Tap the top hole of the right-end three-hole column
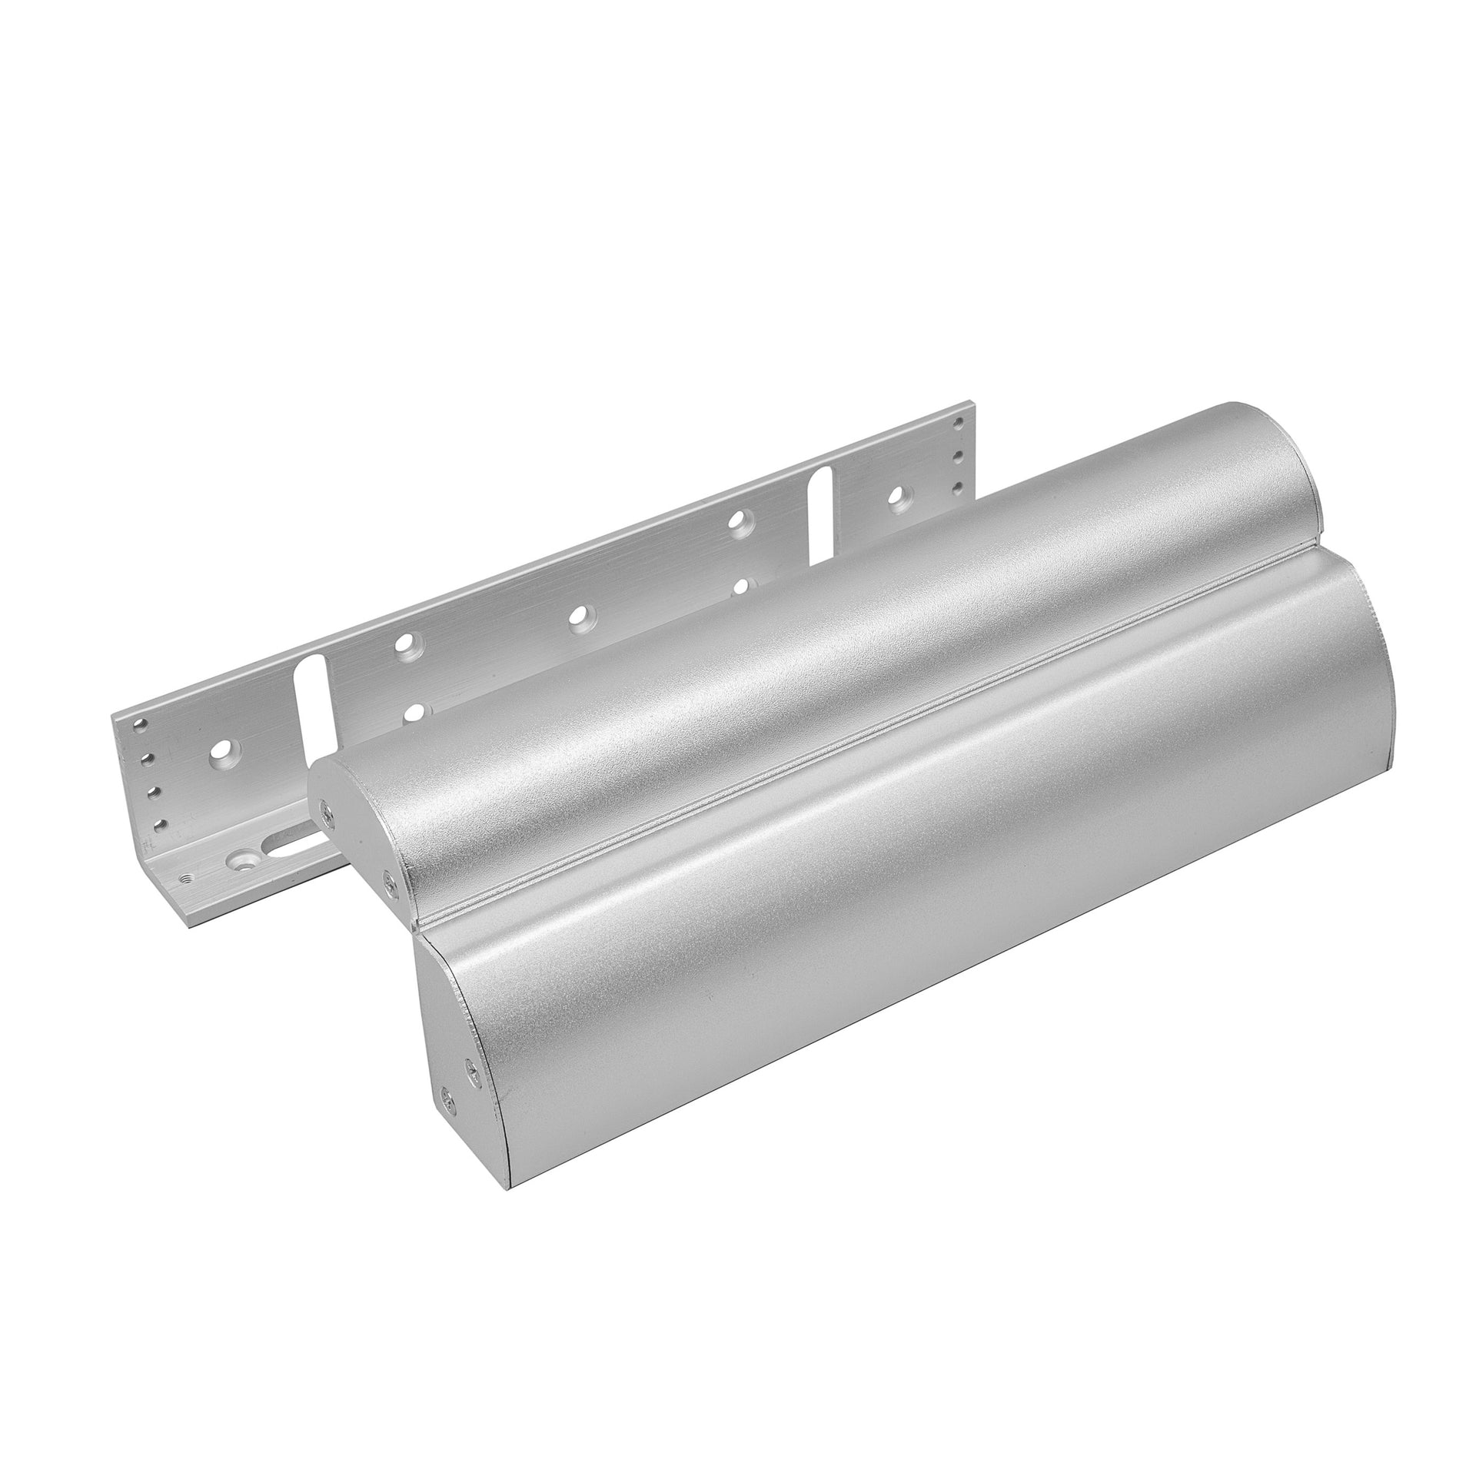click(956, 423)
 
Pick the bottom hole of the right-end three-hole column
click(958, 487)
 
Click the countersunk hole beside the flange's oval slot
click(247, 855)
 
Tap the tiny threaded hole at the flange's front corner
click(184, 876)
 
